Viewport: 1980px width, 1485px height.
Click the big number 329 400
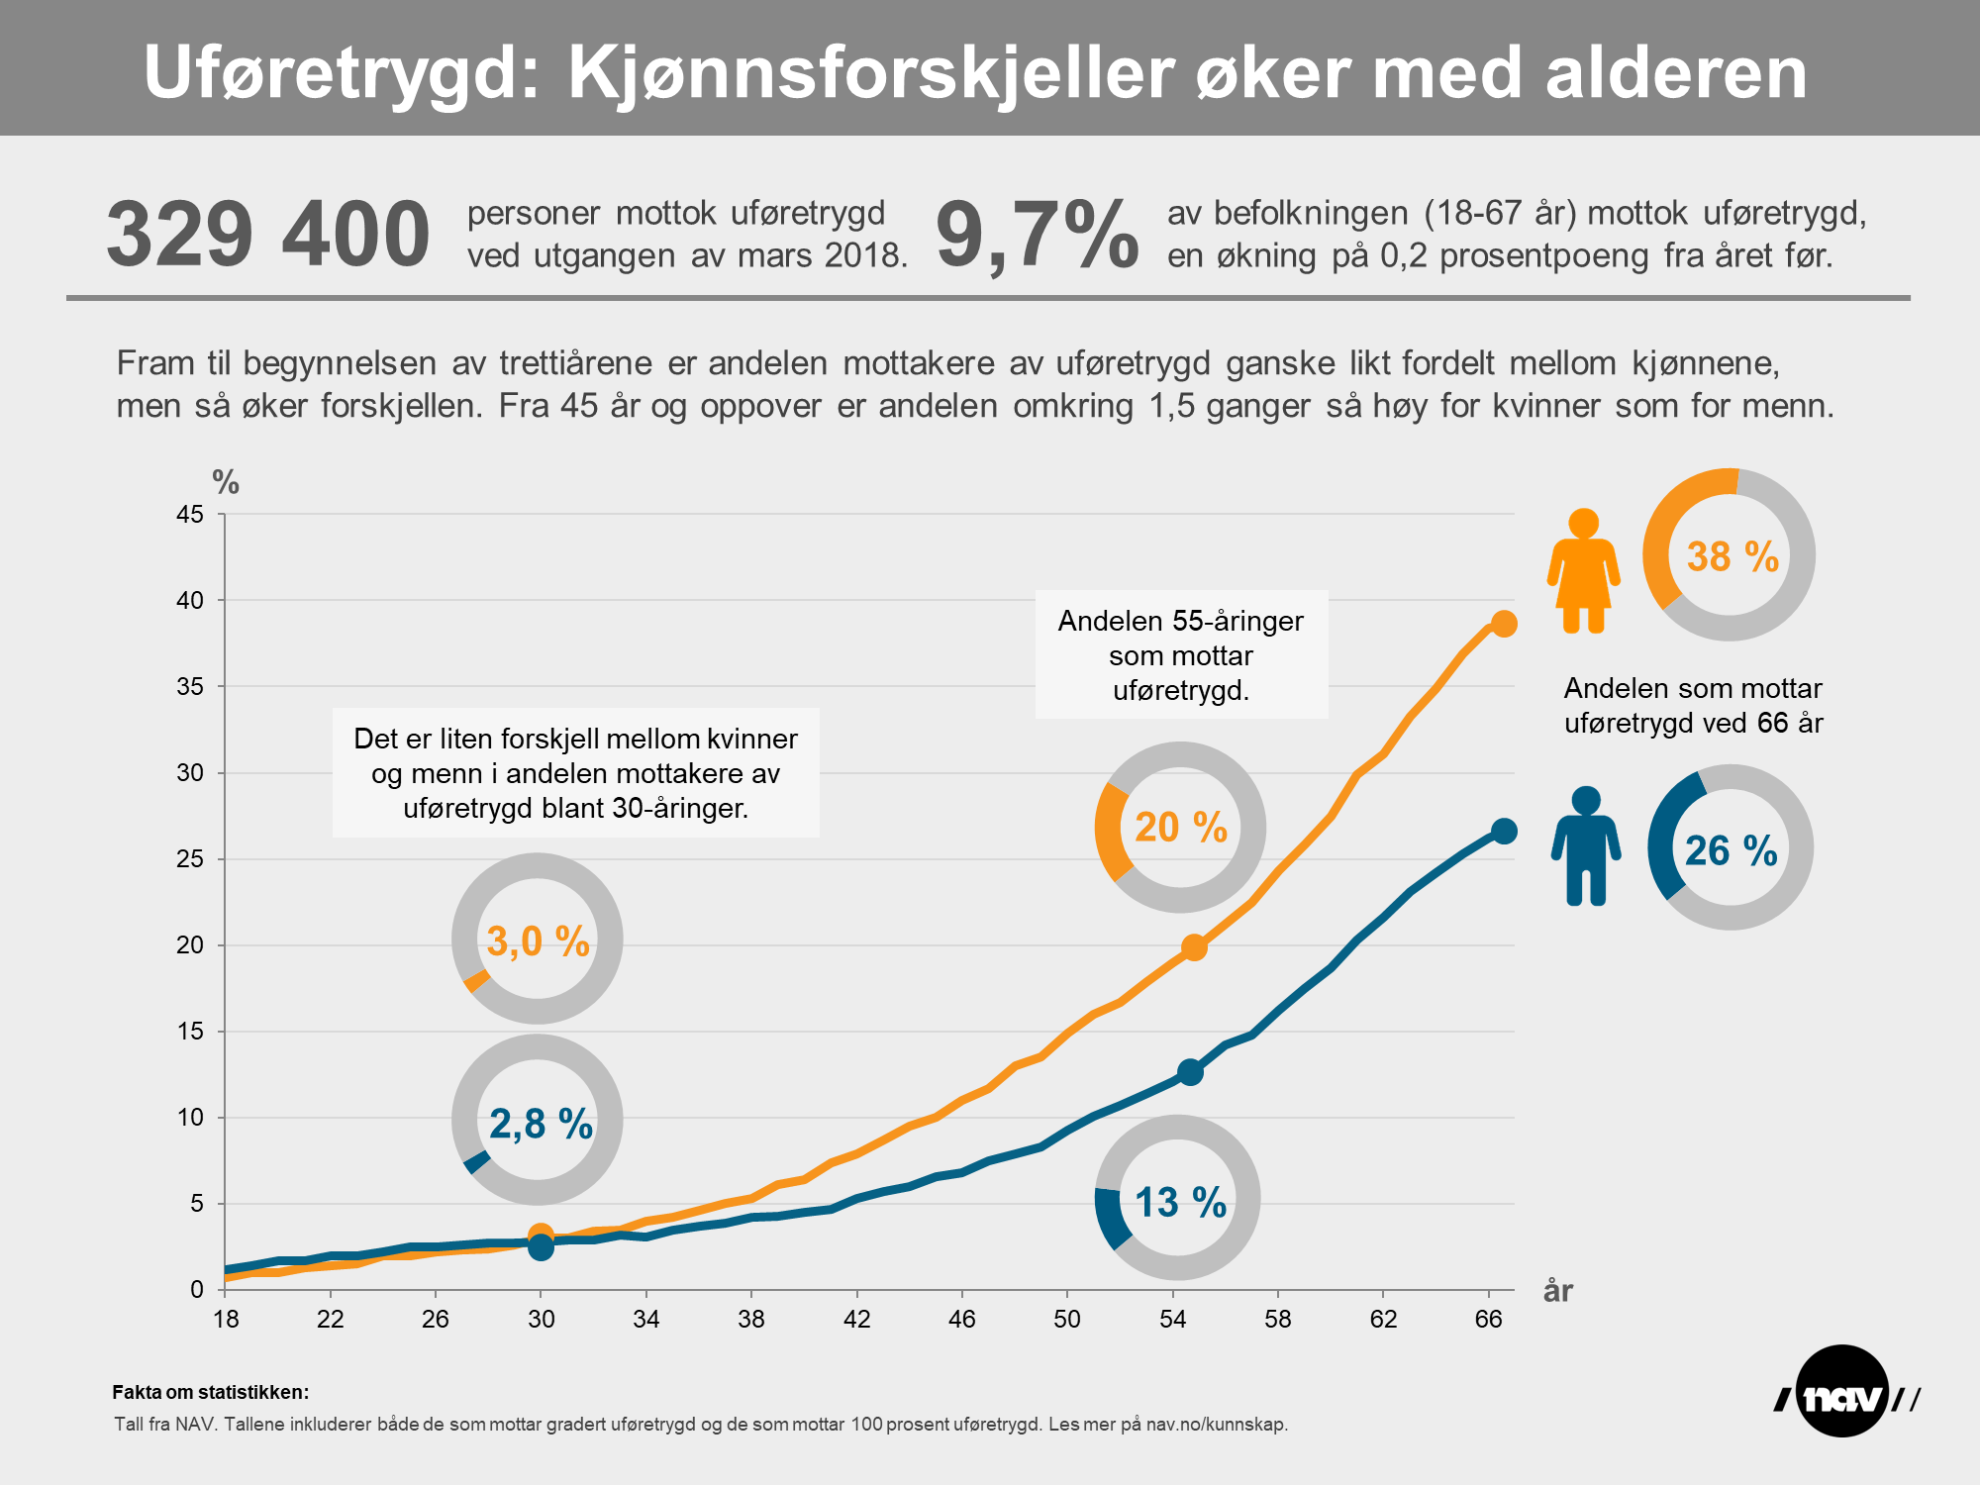point(267,235)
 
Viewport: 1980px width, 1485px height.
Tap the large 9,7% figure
point(1037,235)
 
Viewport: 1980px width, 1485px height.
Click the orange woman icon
point(1583,571)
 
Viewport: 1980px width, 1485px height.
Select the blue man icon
point(1586,846)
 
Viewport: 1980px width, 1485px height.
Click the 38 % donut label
point(1732,556)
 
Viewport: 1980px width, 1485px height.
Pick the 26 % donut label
point(1731,850)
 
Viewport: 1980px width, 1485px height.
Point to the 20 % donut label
point(1180,828)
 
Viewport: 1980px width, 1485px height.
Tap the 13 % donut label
point(1180,1202)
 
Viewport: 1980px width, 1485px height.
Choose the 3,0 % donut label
point(538,940)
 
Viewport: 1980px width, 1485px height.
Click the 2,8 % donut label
point(541,1124)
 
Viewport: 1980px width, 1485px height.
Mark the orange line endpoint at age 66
point(1504,624)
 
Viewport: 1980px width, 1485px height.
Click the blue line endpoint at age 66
point(1504,832)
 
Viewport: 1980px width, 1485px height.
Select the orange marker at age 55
point(1194,947)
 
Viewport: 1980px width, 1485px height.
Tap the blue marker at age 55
point(1190,1072)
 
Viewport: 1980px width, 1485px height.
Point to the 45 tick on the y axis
point(190,514)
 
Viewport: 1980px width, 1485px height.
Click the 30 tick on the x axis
point(541,1319)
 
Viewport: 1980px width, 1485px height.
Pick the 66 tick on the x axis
point(1488,1319)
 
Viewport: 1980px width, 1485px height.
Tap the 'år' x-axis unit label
point(1558,1291)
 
